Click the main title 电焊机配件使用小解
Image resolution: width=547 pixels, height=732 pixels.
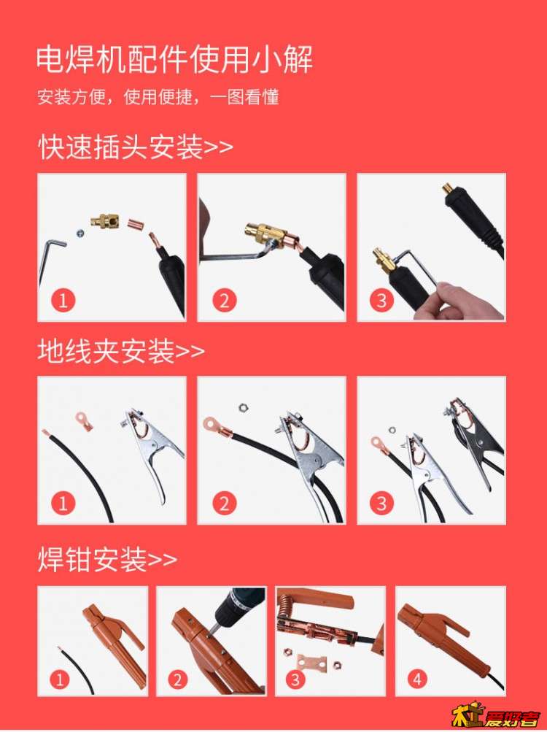(x=174, y=59)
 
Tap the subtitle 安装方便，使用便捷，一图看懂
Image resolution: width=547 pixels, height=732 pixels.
(x=158, y=97)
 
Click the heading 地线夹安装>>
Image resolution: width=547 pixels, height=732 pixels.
(x=121, y=350)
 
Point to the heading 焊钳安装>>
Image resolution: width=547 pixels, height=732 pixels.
(x=107, y=559)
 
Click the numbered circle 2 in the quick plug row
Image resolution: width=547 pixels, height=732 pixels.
(x=225, y=300)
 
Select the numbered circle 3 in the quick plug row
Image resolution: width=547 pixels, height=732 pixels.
(x=381, y=300)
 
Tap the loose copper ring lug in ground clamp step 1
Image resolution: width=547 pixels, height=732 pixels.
(x=85, y=420)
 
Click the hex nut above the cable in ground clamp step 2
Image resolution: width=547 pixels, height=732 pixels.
(x=242, y=408)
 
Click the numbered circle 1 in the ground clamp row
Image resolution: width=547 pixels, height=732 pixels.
(x=63, y=504)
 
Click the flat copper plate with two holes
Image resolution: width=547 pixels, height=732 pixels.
(x=309, y=661)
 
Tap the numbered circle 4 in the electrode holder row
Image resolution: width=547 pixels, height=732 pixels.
(x=417, y=679)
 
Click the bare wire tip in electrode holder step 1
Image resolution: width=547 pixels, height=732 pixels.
(x=59, y=649)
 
